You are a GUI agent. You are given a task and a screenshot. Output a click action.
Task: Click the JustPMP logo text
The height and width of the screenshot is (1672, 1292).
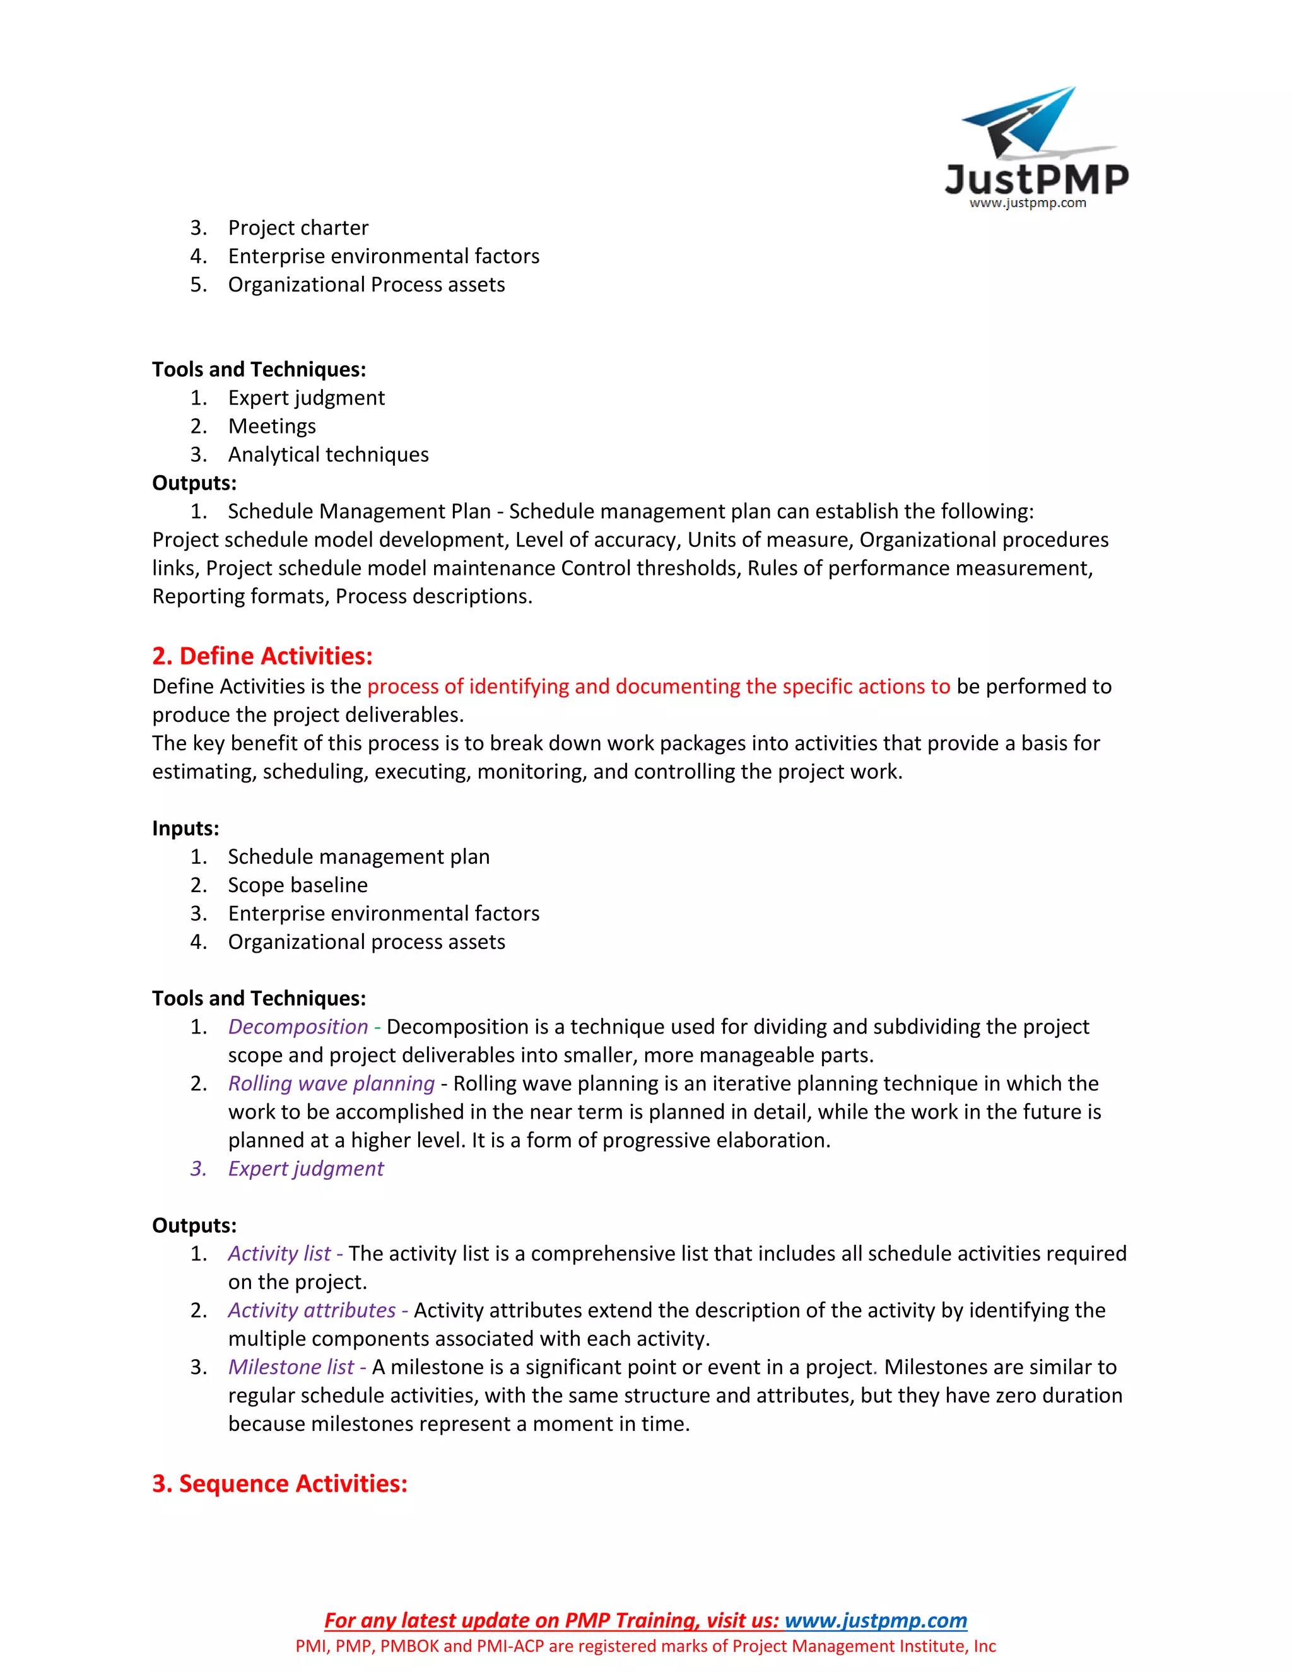[1037, 179]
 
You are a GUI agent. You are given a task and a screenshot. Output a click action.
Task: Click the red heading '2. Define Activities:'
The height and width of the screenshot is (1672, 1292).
[262, 656]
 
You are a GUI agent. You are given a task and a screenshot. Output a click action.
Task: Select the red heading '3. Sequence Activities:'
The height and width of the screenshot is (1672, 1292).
[279, 1484]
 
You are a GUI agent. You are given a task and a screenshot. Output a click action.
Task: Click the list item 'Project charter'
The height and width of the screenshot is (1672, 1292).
[298, 228]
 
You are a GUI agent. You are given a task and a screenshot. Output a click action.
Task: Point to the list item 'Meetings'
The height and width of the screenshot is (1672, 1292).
[272, 427]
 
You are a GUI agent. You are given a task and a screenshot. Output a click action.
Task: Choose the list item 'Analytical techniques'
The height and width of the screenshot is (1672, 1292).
[327, 455]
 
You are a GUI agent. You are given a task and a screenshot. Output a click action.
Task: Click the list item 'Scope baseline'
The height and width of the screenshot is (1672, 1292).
[297, 885]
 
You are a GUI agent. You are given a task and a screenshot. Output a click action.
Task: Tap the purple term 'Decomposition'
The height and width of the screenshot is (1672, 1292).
[298, 1027]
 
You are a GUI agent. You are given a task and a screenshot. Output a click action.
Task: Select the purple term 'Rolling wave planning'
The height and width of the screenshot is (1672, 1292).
[331, 1083]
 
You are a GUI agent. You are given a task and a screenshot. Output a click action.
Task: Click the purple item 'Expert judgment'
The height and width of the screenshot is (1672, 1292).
[305, 1169]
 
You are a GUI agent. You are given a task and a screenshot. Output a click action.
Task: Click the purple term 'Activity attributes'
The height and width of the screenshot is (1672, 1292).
[312, 1310]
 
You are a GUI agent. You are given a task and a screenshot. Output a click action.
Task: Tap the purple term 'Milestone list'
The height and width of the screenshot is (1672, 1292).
[291, 1367]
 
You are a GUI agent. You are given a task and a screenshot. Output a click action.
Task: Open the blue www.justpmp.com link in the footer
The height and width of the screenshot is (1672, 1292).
[876, 1621]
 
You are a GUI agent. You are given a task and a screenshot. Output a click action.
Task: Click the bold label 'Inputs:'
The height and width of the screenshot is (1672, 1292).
[185, 828]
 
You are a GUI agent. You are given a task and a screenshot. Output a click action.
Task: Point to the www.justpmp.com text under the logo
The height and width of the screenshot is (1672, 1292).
[1027, 203]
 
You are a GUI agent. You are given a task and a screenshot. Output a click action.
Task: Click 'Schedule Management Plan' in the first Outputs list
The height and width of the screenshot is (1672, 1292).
[359, 512]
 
